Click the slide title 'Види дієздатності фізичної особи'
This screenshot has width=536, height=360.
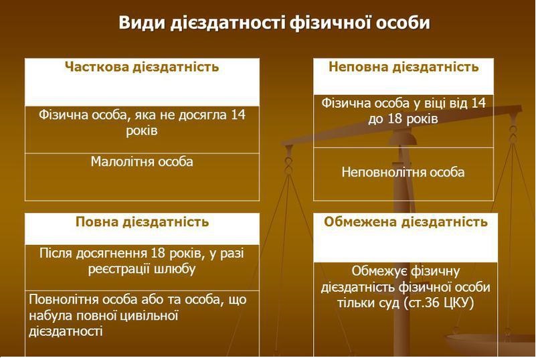tap(274, 23)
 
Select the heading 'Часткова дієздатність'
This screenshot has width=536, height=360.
tap(142, 68)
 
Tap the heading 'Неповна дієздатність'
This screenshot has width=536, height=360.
tap(404, 68)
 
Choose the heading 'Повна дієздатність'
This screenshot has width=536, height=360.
tap(142, 222)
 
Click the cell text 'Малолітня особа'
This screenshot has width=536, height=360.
tap(142, 162)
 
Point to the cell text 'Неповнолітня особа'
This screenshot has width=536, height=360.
tap(403, 172)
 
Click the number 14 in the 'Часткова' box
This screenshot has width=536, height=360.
tap(238, 115)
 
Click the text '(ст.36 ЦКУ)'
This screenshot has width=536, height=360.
tap(439, 303)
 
